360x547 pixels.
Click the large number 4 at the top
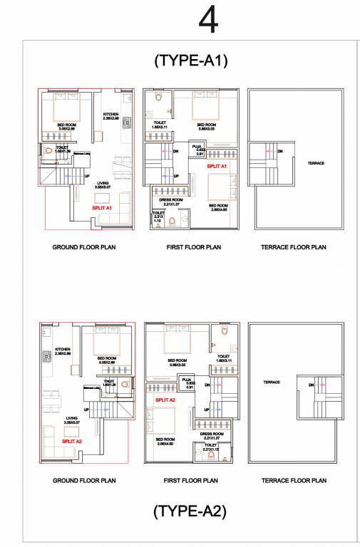[x=208, y=21]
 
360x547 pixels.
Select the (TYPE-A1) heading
[x=190, y=61]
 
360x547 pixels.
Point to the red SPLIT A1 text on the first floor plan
[x=217, y=166]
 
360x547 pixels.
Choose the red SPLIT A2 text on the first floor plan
[x=165, y=401]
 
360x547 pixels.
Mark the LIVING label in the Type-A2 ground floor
[x=72, y=418]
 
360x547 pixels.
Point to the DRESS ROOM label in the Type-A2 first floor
[x=211, y=433]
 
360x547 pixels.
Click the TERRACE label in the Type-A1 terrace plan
[x=316, y=163]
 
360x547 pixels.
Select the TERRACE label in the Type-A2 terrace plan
[x=271, y=382]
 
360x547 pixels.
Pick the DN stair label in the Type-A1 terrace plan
[x=280, y=151]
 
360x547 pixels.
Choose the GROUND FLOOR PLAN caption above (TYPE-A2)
[x=84, y=481]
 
